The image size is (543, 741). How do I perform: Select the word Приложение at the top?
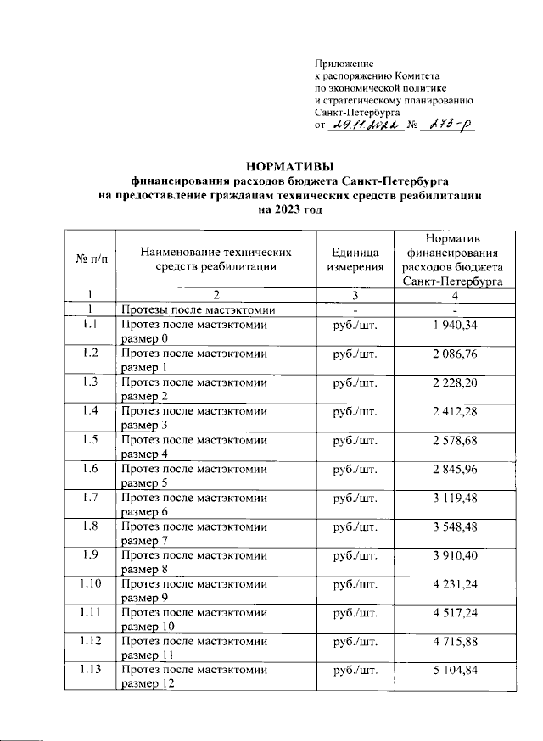[x=344, y=64]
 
